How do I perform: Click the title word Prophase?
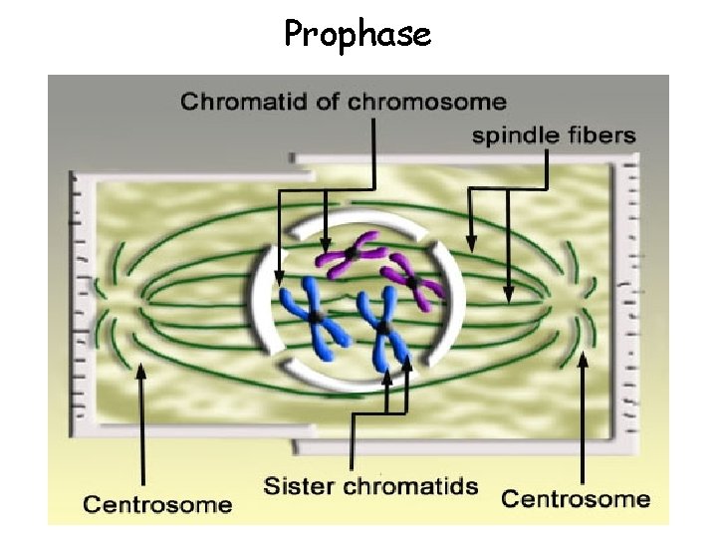[x=358, y=35]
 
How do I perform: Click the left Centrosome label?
[x=157, y=504]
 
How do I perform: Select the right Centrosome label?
[x=576, y=498]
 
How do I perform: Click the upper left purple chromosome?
[x=350, y=254]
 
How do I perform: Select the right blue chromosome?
[x=383, y=328]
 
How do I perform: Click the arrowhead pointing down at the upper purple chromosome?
[x=326, y=245]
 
